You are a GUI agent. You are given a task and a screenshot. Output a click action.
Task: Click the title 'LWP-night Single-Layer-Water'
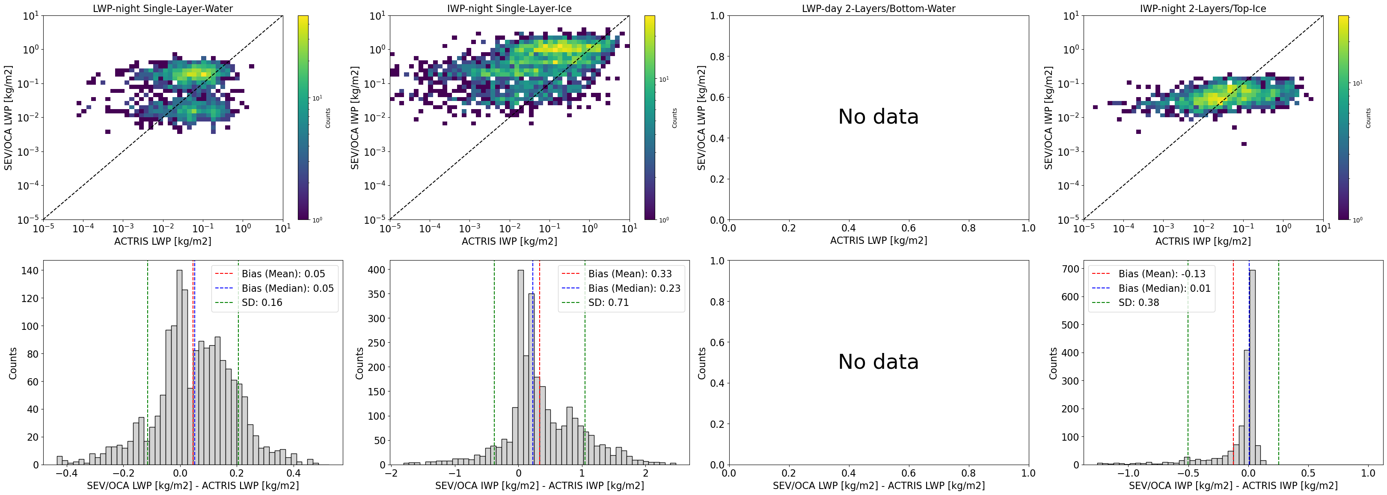[x=163, y=9]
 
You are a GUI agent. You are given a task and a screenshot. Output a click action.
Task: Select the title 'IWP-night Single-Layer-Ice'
[x=509, y=9]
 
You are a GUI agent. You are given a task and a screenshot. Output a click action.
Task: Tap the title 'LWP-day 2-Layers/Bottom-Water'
[x=878, y=9]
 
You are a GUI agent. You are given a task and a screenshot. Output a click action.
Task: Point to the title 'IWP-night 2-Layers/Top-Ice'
[x=1203, y=9]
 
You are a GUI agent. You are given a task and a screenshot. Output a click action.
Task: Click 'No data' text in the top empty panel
[x=878, y=117]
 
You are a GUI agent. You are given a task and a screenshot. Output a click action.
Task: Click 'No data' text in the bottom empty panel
[x=878, y=362]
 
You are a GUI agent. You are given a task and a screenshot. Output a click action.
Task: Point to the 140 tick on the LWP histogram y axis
[x=30, y=271]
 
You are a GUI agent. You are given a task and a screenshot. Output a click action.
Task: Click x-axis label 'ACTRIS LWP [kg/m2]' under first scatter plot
[x=163, y=241]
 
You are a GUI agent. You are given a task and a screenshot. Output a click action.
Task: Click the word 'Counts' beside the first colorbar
[x=328, y=118]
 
